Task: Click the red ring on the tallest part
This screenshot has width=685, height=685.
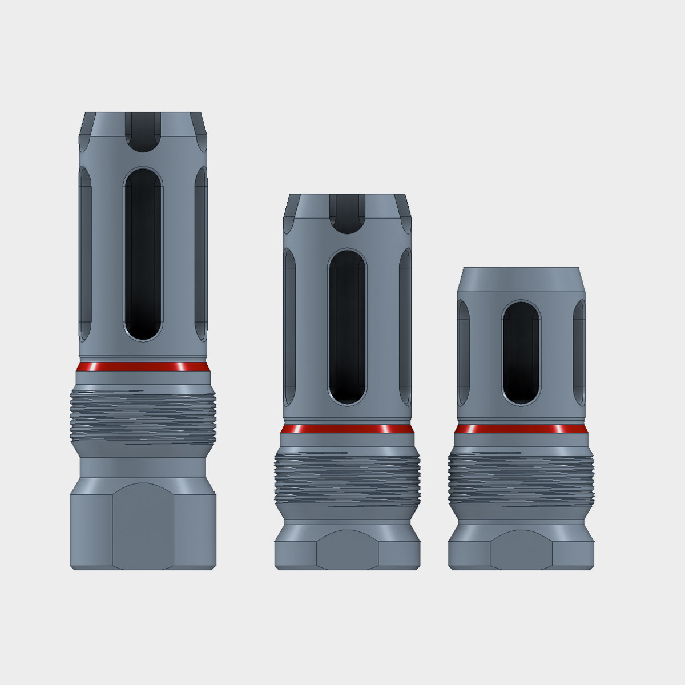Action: [x=143, y=367]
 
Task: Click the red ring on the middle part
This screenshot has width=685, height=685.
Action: [x=347, y=429]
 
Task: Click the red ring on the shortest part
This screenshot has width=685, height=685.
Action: [x=520, y=429]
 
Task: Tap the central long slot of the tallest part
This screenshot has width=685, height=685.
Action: [x=143, y=254]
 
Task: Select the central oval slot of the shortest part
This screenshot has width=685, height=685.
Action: [x=521, y=354]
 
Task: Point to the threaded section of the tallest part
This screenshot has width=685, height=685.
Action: [x=143, y=414]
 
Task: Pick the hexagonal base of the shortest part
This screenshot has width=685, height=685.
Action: [x=520, y=551]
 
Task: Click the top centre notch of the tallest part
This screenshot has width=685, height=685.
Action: [x=143, y=131]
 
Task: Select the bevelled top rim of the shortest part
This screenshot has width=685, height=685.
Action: [x=520, y=279]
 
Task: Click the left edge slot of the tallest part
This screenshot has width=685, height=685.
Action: [x=85, y=251]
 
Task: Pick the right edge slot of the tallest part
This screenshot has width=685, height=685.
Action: [x=201, y=251]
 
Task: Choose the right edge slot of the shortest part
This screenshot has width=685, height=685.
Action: [x=579, y=354]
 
